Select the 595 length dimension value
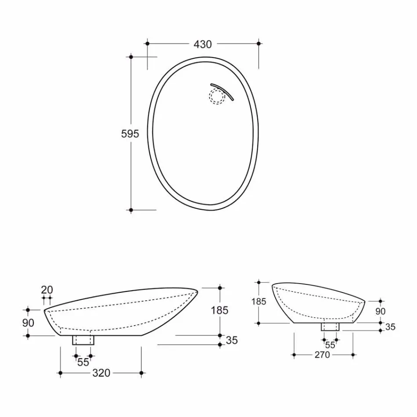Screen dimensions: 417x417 coord(130,133)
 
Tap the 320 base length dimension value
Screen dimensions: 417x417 coord(101,373)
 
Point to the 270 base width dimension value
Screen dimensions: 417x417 coord(322,355)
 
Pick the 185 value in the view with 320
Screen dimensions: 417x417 coord(219,310)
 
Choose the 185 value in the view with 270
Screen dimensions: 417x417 coord(259,302)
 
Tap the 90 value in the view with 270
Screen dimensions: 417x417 coord(380,311)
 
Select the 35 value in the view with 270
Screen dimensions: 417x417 coord(390,327)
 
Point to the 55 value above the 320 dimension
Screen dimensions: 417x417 coord(83,363)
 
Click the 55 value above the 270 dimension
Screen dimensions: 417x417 coord(330,345)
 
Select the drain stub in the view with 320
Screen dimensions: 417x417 coord(83,340)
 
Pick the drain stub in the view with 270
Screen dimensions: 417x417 coord(330,327)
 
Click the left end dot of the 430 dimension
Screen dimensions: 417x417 coord(147,43)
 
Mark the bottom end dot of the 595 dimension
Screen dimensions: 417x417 coord(131,210)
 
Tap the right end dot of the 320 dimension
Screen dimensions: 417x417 coord(141,373)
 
